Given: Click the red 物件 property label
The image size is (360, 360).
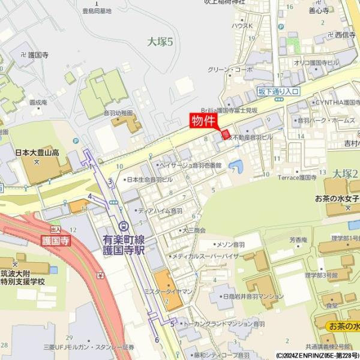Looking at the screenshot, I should (x=203, y=121).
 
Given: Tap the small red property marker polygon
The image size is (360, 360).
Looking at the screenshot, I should (x=226, y=133).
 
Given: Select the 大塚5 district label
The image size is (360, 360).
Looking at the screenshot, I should (x=160, y=41).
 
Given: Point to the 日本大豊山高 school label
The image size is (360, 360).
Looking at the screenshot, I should (x=37, y=153).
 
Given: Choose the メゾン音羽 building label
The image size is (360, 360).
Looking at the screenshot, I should (x=231, y=245).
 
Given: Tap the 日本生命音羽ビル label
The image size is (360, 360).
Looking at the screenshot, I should (x=149, y=179).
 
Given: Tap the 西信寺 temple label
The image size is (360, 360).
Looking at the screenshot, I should (x=345, y=35).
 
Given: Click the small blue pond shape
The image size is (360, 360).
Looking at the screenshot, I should (x=236, y=166).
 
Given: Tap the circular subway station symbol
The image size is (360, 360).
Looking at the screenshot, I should (x=124, y=226).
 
